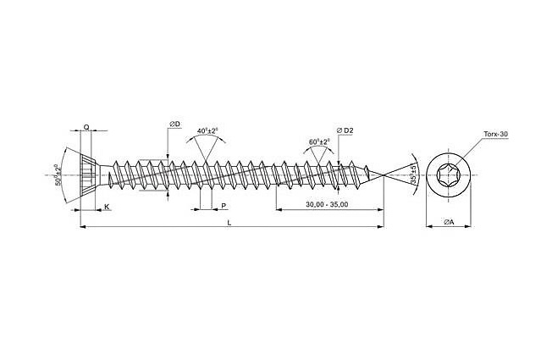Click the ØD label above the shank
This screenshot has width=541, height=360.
pyautogui.click(x=174, y=125)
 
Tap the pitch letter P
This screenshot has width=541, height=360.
pyautogui.click(x=223, y=206)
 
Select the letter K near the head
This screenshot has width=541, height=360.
pyautogui.click(x=107, y=206)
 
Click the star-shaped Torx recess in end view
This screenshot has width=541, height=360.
pyautogui.click(x=449, y=177)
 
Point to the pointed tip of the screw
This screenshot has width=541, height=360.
pyautogui.click(x=383, y=176)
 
